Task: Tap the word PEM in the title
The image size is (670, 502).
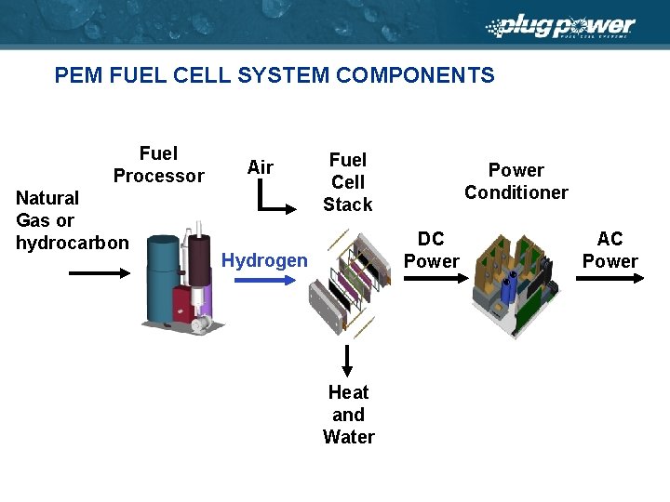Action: tap(78, 75)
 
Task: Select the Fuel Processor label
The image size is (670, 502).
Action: tap(158, 165)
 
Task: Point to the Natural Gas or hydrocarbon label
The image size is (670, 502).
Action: tap(73, 220)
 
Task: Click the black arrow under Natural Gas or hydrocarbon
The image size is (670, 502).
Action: tap(100, 272)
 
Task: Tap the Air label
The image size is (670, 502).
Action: tap(261, 167)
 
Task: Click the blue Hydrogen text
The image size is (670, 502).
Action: tap(264, 261)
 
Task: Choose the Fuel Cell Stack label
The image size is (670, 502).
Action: tap(348, 182)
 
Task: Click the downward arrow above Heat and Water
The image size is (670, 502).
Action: tap(347, 359)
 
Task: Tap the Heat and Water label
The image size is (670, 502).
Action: tap(348, 415)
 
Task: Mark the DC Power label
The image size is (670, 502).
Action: tap(431, 250)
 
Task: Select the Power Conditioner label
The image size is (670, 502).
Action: tap(516, 181)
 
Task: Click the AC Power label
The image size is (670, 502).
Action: tap(610, 250)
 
